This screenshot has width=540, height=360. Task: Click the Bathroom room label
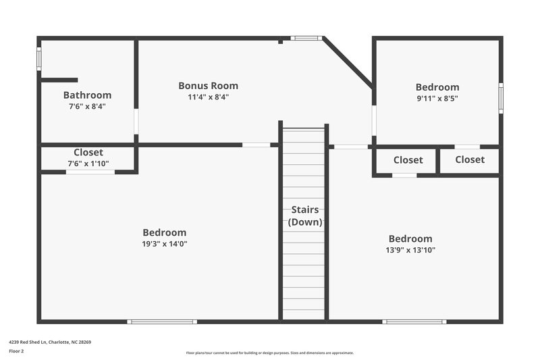tap(87, 95)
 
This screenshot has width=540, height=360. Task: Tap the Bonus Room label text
tap(208, 86)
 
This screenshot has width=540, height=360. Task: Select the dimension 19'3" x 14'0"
tap(164, 244)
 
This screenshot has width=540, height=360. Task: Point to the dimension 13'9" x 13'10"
tap(410, 250)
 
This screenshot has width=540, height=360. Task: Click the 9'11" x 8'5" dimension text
tap(437, 98)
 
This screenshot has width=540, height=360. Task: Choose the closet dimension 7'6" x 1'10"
tap(88, 163)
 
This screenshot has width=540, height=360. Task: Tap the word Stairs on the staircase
tap(304, 210)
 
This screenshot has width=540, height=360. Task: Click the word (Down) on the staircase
tap(304, 222)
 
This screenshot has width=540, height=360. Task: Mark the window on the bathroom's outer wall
tap(39, 59)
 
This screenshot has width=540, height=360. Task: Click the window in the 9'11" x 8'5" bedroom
tap(500, 97)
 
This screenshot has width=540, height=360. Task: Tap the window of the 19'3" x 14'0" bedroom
tap(162, 322)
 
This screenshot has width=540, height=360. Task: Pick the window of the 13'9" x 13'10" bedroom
tap(414, 322)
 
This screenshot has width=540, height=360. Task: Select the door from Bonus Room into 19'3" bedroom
tap(256, 145)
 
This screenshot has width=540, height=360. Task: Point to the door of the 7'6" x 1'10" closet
tap(90, 172)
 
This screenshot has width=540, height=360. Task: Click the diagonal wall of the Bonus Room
tap(348, 63)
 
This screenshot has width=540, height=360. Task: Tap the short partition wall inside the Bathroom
tap(59, 80)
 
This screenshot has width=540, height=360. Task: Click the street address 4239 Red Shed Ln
tap(50, 342)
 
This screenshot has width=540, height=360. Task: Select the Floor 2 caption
tap(17, 352)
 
